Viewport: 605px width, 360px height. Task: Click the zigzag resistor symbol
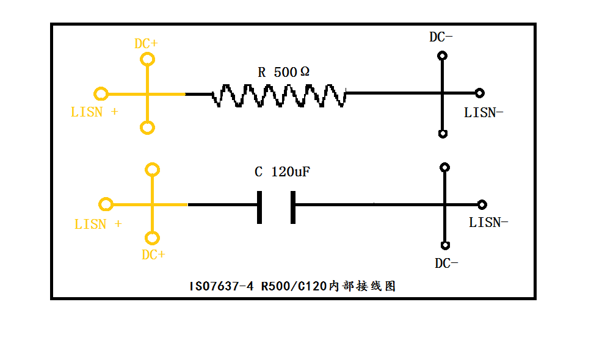pyautogui.click(x=279, y=95)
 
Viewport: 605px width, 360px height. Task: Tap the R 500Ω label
pyautogui.click(x=283, y=72)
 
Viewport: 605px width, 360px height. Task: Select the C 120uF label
pyautogui.click(x=282, y=172)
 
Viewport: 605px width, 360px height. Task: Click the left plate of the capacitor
pyautogui.click(x=260, y=207)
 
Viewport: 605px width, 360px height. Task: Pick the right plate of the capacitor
pyautogui.click(x=293, y=207)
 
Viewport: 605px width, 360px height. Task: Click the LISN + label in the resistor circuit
pyautogui.click(x=95, y=112)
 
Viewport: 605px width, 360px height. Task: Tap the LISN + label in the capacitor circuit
pyautogui.click(x=98, y=225)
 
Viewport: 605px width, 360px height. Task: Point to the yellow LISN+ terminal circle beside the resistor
pyautogui.click(x=101, y=94)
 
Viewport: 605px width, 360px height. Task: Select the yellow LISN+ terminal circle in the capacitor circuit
pyautogui.click(x=106, y=204)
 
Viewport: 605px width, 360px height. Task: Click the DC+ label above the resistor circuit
pyautogui.click(x=146, y=44)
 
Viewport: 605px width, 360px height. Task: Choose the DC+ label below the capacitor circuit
pyautogui.click(x=153, y=255)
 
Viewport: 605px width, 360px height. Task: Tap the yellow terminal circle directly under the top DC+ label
pyautogui.click(x=147, y=59)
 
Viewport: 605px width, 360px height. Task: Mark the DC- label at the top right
pyautogui.click(x=441, y=37)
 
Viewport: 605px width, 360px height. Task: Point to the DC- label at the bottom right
pyautogui.click(x=446, y=264)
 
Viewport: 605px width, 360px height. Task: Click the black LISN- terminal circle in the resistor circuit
pyautogui.click(x=480, y=93)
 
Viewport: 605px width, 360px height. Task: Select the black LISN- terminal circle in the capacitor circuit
pyautogui.click(x=482, y=204)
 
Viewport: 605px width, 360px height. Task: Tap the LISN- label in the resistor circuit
pyautogui.click(x=484, y=112)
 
